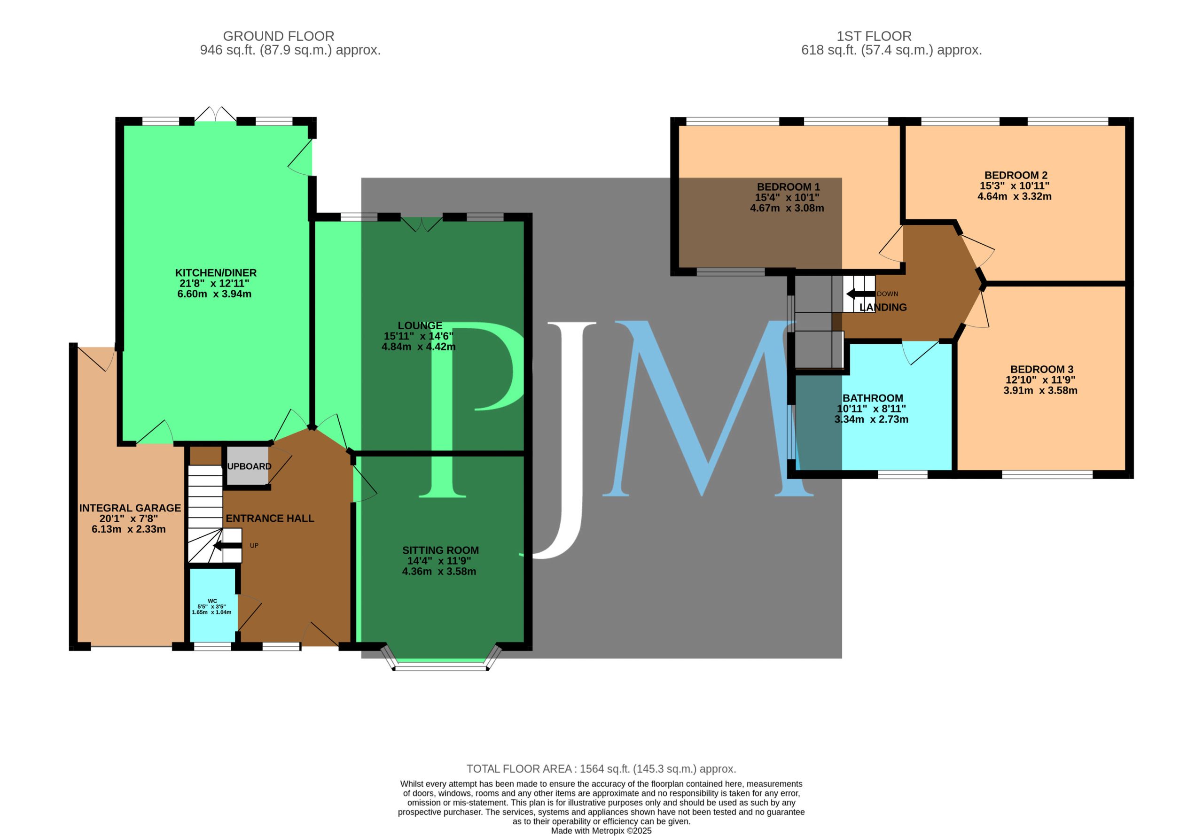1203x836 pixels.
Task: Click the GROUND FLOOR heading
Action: (x=278, y=36)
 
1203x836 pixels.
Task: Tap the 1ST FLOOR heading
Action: (x=874, y=36)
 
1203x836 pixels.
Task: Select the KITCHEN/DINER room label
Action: (x=215, y=273)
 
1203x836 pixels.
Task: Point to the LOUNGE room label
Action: (x=420, y=325)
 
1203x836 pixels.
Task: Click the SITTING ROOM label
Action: (x=440, y=550)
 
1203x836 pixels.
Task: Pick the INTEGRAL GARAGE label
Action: (x=130, y=508)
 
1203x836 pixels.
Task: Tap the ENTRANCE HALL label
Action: (x=270, y=518)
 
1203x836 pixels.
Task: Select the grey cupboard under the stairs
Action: (x=247, y=465)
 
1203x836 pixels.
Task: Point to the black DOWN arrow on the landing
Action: (x=860, y=294)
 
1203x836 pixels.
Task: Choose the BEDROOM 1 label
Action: (x=788, y=187)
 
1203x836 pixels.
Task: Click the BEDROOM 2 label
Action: (x=1016, y=176)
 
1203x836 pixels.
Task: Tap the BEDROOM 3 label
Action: (x=1042, y=369)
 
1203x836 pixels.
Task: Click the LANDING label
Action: (x=883, y=308)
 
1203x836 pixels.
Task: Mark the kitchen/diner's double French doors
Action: (x=215, y=114)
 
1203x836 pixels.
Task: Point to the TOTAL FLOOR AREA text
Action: (x=601, y=769)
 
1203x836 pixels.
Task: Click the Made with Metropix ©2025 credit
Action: (x=601, y=831)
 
